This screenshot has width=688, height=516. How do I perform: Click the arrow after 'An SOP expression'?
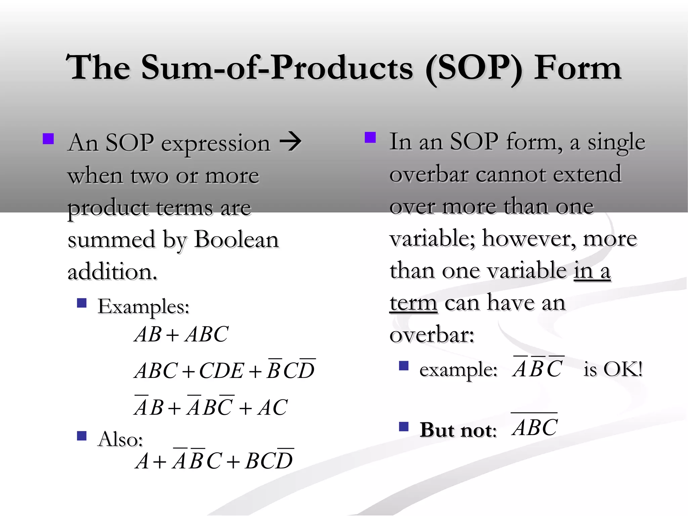(291, 142)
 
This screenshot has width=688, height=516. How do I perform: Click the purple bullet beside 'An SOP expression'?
(48, 139)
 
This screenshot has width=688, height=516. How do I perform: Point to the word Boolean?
(236, 240)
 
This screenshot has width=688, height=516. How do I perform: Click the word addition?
(112, 272)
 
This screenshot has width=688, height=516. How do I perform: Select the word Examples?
(143, 306)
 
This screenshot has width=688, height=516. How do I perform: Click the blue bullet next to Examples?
(82, 303)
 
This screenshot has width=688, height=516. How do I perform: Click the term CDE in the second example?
(221, 371)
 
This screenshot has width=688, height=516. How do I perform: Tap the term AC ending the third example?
(272, 407)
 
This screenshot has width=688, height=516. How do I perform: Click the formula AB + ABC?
(181, 334)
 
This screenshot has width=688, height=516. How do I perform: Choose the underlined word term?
(413, 303)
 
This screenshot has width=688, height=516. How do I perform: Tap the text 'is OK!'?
(613, 369)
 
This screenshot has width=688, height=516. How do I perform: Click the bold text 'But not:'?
(458, 430)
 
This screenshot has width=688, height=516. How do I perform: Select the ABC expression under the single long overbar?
(535, 427)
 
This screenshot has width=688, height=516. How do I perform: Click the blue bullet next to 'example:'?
(403, 366)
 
